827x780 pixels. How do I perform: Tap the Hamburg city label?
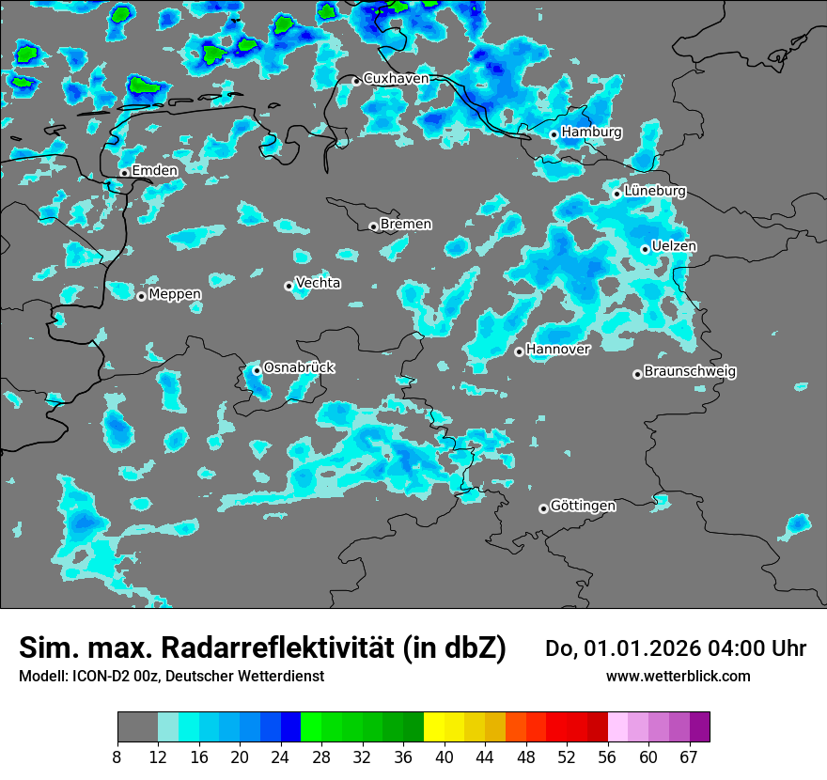tap(591, 133)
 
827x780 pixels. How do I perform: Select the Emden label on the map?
tap(154, 171)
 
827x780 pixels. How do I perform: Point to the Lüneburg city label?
tap(654, 192)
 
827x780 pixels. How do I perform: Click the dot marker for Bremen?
tap(373, 226)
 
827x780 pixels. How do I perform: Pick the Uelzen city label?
tap(674, 246)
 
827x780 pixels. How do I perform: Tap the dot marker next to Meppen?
tap(141, 296)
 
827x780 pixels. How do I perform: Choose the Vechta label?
tap(318, 283)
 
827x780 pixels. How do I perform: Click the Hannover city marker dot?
tap(519, 351)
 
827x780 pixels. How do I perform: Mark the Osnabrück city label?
tap(299, 367)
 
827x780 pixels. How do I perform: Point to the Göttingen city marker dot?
tap(543, 508)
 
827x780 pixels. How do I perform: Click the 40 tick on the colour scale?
tap(445, 757)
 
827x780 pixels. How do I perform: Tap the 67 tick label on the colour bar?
tap(689, 757)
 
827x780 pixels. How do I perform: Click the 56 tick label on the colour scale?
tap(608, 757)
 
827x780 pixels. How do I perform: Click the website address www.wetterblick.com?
tap(678, 677)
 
